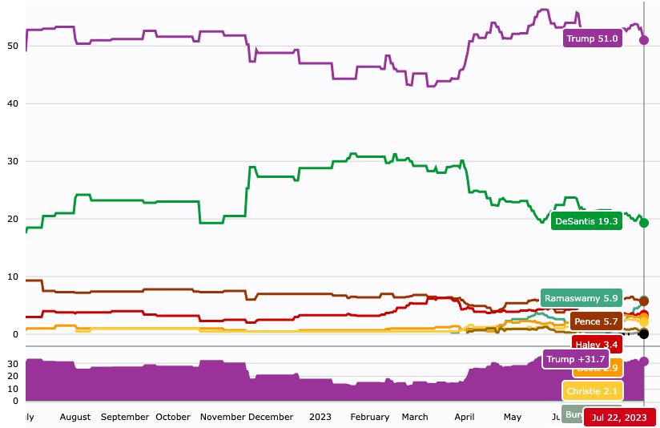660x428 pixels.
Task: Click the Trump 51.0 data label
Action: click(593, 38)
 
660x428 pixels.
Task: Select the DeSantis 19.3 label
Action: click(587, 221)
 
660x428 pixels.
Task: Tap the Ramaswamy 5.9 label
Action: click(581, 298)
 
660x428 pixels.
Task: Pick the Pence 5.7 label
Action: click(596, 321)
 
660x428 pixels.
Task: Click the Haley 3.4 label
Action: click(597, 345)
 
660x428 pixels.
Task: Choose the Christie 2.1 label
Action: click(592, 391)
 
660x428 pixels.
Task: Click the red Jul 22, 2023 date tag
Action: click(619, 418)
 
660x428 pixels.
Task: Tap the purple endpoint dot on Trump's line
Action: click(644, 40)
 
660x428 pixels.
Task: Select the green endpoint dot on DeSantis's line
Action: click(644, 223)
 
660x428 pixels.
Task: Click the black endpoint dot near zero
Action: click(644, 333)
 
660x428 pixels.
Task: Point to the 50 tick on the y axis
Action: click(13, 46)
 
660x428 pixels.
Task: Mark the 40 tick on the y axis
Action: click(13, 103)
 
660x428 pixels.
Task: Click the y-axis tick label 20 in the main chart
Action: click(13, 219)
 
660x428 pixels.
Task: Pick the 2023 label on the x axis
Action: click(320, 417)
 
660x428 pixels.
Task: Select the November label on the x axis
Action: click(222, 417)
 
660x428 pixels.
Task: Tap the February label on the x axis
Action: click(370, 417)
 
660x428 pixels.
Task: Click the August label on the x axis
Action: click(75, 417)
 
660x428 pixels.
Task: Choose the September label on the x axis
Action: click(125, 417)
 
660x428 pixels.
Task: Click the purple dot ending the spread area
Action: click(644, 361)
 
